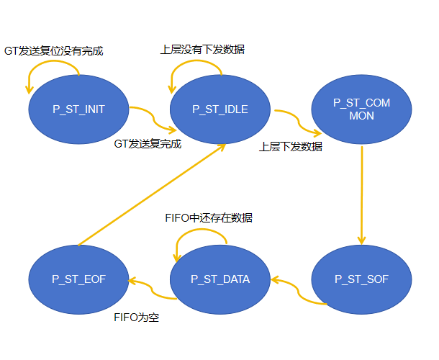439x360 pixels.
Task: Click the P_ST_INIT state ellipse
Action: coord(79,109)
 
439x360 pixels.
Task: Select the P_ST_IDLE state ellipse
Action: coord(220,109)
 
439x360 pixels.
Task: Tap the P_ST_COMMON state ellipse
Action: coord(361,109)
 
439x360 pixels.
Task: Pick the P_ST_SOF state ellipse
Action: coord(361,279)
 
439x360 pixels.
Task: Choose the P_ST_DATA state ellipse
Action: coord(220,279)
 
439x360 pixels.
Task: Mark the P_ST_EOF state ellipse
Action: coord(79,279)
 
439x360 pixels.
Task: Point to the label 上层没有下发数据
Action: coord(202,50)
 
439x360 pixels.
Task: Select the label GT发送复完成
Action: coord(148,143)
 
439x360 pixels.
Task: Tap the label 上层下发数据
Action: coord(291,146)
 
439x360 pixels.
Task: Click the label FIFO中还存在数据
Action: coord(210,217)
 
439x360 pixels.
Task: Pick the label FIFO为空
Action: coord(136,317)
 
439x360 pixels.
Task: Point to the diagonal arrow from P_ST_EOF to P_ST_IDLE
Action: coord(151,194)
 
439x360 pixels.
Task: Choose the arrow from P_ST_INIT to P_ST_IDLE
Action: coord(151,120)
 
